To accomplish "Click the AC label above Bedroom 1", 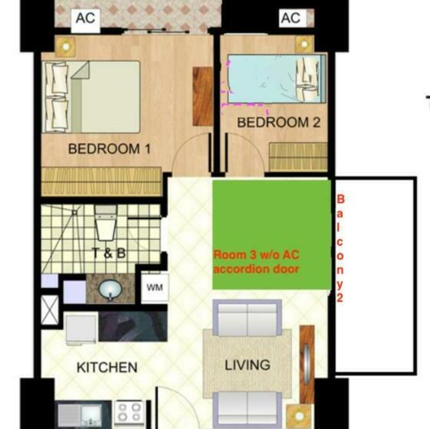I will (x=85, y=17).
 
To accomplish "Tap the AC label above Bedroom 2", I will (x=290, y=17).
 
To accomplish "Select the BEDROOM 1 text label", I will (x=109, y=149).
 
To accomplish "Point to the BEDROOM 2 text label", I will (x=278, y=123).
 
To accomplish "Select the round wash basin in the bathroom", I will (x=109, y=290).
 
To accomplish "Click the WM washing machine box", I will (x=154, y=288).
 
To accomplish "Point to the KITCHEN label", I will (x=107, y=368).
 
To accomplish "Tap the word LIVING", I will (x=248, y=365).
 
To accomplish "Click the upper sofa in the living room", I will (x=248, y=315).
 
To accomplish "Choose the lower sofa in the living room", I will (x=248, y=410).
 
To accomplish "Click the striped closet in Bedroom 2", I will (x=298, y=157).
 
